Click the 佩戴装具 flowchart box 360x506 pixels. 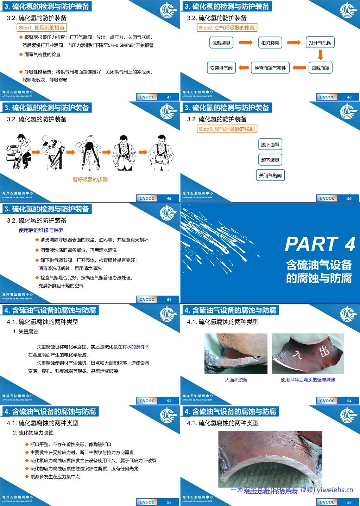coord(221,43)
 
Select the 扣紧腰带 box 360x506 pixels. coord(270,43)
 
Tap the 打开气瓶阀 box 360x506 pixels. coord(320,43)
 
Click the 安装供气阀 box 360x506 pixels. coord(221,68)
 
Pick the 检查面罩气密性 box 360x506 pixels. coord(270,68)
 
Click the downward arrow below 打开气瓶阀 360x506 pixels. coord(320,55)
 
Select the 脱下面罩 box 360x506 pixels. coord(270,145)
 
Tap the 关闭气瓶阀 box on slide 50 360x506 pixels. coord(270,175)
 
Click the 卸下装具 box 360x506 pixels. coord(270,160)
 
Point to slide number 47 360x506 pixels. coord(169,97)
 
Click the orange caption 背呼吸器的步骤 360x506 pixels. coord(90,179)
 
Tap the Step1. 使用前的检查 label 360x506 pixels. coord(42,27)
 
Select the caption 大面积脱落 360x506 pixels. coord(236,380)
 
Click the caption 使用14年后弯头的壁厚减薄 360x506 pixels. coord(308,380)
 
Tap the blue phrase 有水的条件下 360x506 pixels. coord(136,347)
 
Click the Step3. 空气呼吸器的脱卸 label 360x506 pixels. coord(227,129)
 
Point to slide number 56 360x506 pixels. coord(349,502)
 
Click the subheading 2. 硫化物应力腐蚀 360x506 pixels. coord(33,433)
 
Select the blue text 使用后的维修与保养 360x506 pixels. coord(41,230)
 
